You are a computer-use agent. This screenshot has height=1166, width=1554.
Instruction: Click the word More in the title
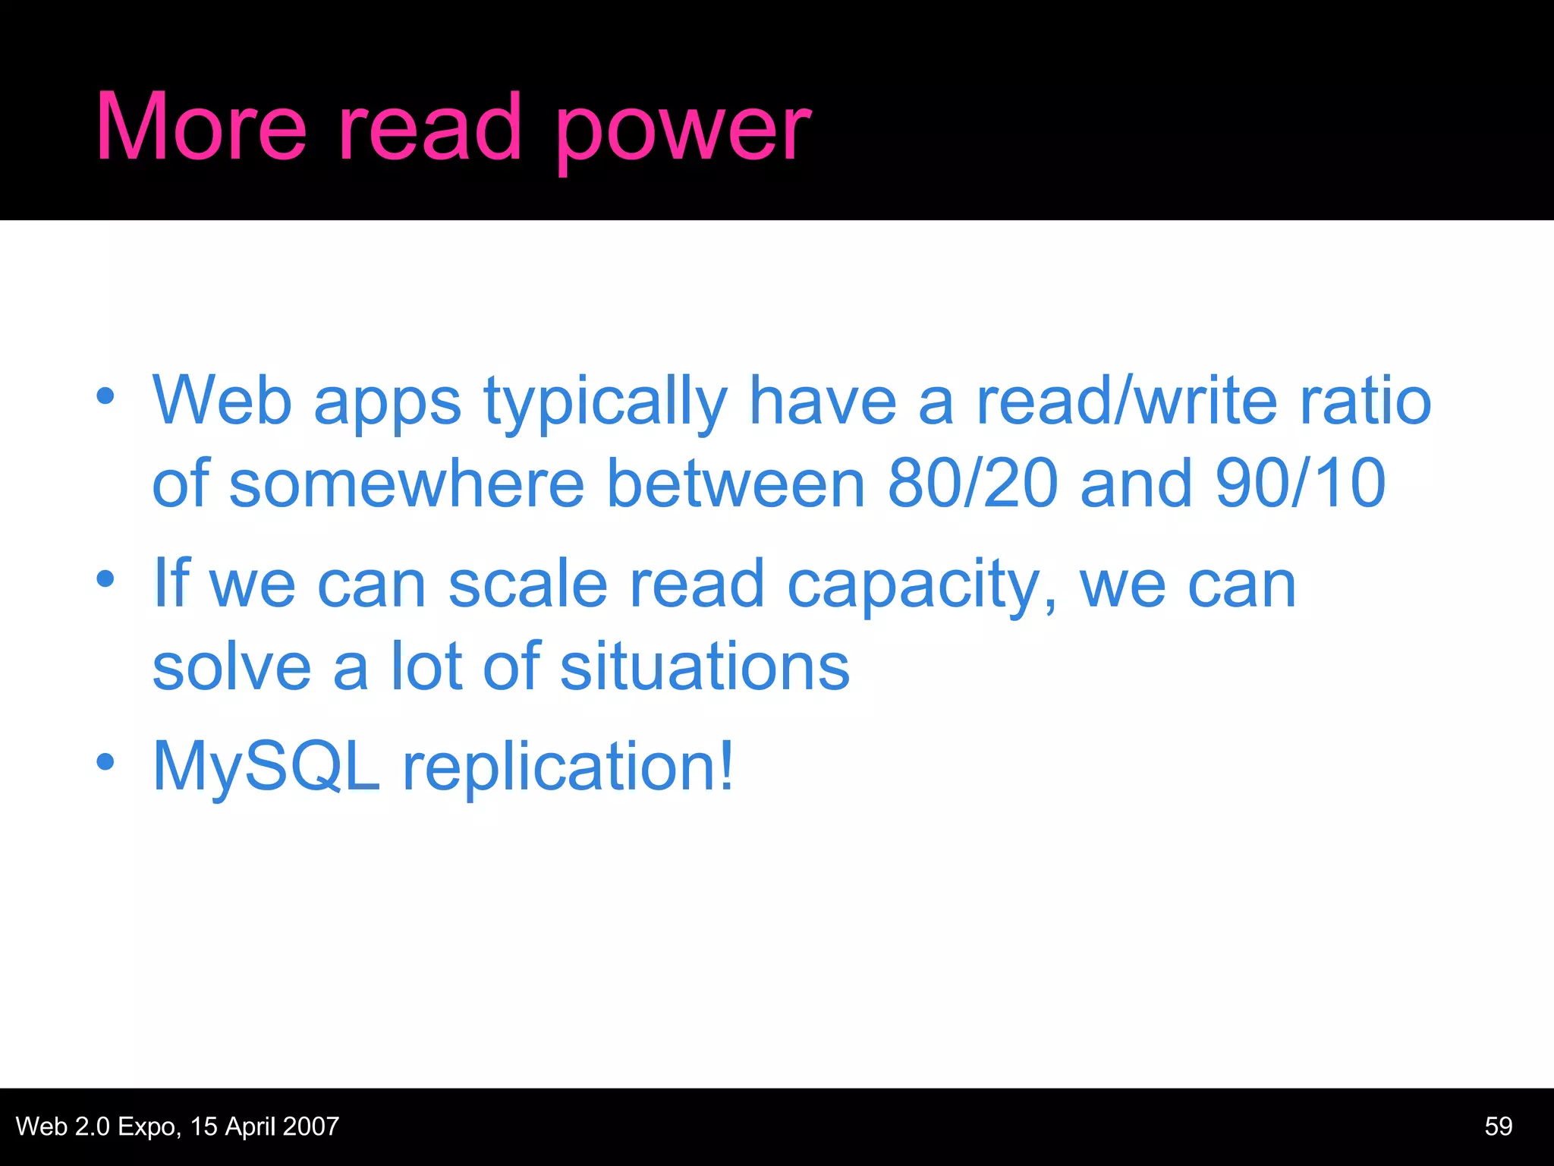coord(201,127)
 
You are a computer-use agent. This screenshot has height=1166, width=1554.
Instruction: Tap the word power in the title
coord(683,131)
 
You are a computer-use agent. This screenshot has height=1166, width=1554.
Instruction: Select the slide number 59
coord(1499,1126)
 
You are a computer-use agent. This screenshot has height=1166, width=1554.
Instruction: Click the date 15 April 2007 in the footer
coord(265,1127)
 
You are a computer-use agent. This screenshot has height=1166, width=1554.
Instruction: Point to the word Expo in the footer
coord(149,1127)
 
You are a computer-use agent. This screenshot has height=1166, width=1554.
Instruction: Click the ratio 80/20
coord(973,483)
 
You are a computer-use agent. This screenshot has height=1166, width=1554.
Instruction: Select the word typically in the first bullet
coord(606,402)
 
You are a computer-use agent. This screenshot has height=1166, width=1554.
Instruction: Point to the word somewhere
coord(407,483)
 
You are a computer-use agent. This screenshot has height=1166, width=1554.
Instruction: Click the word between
coord(736,483)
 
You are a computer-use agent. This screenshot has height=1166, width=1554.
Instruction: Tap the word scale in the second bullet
coord(528,585)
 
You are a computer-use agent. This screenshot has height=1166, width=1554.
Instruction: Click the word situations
coord(705,667)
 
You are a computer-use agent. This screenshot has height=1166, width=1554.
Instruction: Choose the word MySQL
coord(266,767)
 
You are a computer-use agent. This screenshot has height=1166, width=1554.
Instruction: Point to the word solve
coord(232,667)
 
